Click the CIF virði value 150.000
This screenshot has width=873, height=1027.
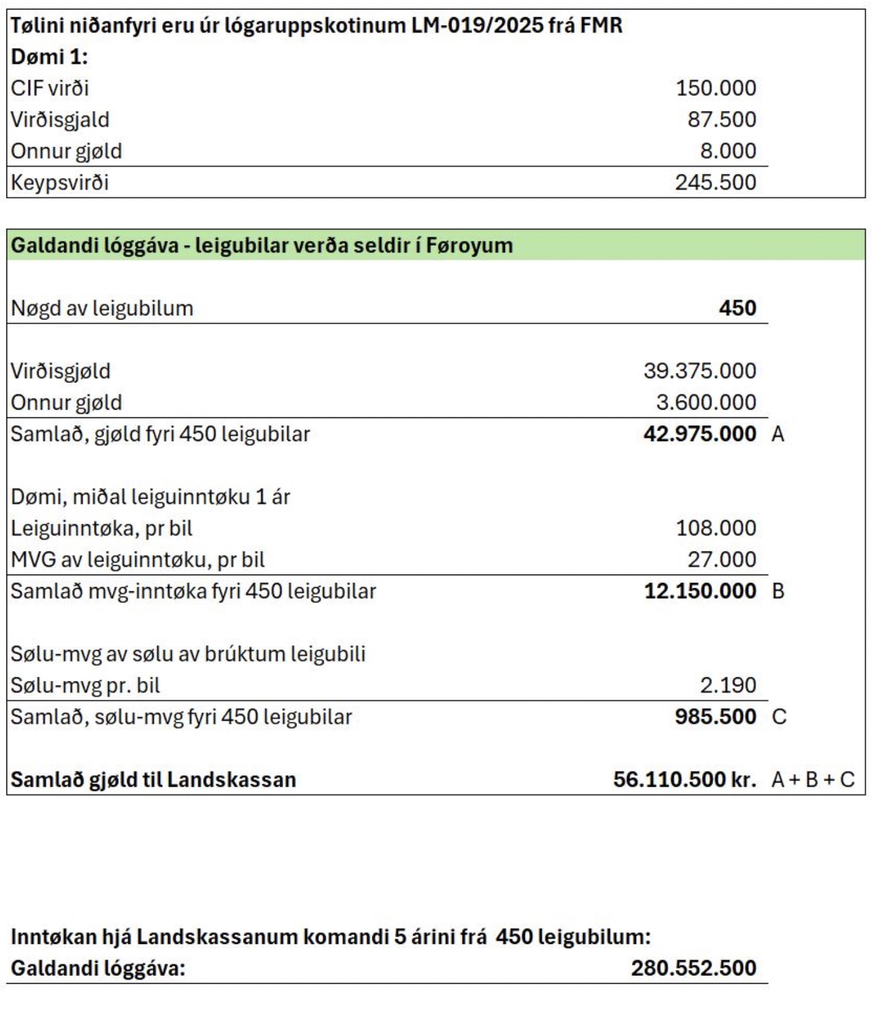coord(716,88)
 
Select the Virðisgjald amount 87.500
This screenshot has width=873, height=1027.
coord(722,119)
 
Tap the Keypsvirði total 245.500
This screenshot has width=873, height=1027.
coord(716,182)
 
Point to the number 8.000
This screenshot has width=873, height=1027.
coord(727,151)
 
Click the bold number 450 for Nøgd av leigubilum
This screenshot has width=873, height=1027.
coord(737,308)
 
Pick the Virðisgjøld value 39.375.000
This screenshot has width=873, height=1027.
coord(700,371)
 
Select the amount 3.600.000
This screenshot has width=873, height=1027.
coord(706,402)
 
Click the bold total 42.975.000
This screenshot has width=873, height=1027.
coord(700,434)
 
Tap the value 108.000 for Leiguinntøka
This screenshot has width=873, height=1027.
coord(716,528)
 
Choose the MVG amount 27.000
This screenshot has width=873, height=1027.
coord(722,560)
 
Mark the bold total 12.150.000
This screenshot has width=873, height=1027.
coord(700,591)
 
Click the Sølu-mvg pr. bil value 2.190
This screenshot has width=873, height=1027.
coord(727,686)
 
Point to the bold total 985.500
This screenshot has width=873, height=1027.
coord(715,717)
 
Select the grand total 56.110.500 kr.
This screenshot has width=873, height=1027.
coord(684,779)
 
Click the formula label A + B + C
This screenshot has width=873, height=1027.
coord(812,779)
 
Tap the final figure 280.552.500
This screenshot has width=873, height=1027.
coord(693,968)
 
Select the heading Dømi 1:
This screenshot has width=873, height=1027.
coord(49,57)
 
